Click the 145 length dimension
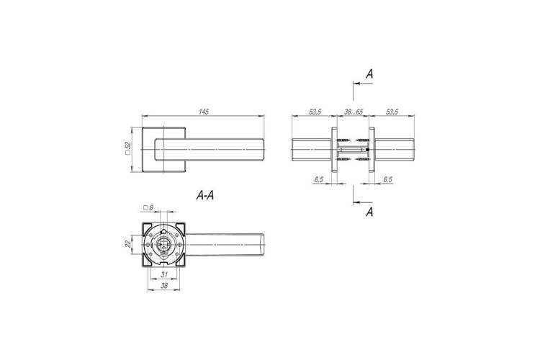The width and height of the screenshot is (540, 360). click(204, 112)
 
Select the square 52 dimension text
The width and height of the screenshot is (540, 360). click(128, 148)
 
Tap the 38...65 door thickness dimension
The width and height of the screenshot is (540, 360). click(354, 112)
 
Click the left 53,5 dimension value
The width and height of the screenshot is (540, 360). click(315, 112)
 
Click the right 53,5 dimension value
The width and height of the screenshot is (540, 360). click(392, 112)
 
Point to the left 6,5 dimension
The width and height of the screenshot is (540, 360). click(318, 179)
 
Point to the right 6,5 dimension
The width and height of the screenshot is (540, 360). click(388, 179)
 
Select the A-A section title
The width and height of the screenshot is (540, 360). click(205, 196)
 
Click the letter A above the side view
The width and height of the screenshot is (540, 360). click(369, 73)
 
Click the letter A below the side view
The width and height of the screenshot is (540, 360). click(369, 212)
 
